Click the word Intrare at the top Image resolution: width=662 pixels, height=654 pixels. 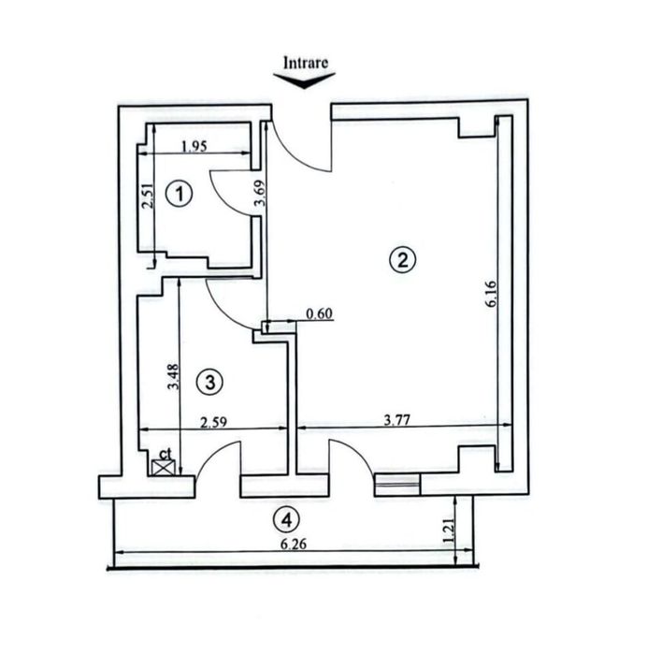(307, 63)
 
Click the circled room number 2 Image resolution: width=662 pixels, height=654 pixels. (402, 260)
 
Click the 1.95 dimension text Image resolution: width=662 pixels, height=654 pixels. (193, 145)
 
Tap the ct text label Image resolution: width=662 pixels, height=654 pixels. (165, 453)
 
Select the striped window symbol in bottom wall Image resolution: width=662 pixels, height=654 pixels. (397, 484)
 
